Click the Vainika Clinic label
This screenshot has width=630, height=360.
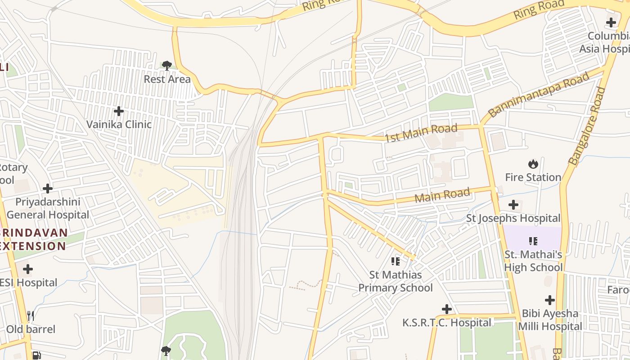(x=119, y=124)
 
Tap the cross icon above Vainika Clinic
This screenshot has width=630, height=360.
(x=119, y=111)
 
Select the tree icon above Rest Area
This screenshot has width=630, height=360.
(x=167, y=66)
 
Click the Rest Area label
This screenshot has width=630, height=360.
(x=167, y=79)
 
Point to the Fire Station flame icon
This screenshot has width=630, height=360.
(x=533, y=164)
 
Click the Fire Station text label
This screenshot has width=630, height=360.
(x=533, y=177)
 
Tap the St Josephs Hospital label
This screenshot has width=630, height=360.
(x=513, y=218)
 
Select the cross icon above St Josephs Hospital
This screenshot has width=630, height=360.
(x=513, y=205)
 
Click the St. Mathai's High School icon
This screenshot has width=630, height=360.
(x=533, y=241)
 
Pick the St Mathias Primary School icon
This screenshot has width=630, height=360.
(x=396, y=261)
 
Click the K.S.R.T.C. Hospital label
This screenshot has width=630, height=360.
(x=447, y=323)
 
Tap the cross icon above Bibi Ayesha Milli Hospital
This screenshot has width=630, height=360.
(x=549, y=300)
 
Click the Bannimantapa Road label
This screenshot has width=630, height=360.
(x=539, y=94)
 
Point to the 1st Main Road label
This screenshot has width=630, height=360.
(x=421, y=133)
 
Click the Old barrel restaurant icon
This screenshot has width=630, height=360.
(x=31, y=316)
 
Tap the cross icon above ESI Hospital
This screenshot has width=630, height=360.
(x=28, y=270)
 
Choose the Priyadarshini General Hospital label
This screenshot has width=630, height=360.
(x=48, y=208)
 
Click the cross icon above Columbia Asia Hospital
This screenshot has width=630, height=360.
(x=611, y=22)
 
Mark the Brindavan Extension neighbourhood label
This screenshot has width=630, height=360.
(x=34, y=239)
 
